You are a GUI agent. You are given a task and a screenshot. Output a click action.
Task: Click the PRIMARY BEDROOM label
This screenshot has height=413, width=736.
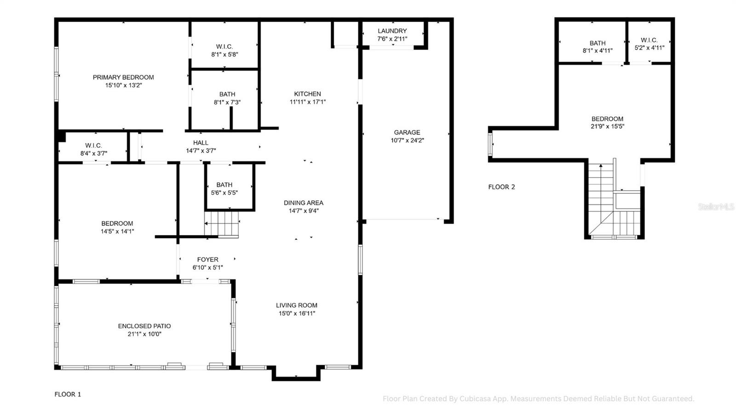123,77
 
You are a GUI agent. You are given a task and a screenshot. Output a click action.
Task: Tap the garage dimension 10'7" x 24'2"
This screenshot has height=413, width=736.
407,141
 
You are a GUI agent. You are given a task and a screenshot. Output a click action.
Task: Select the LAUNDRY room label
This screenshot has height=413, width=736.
392,31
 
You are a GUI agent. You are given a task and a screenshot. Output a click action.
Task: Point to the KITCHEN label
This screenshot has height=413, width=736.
307,94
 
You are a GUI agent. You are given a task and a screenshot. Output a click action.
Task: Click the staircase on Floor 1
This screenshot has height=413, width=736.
222,224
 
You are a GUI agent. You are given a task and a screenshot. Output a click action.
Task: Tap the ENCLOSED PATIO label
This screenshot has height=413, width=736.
144,326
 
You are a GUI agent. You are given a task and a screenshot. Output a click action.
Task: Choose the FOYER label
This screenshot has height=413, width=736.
208,260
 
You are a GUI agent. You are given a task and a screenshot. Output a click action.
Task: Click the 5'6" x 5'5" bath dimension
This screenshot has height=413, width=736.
224,193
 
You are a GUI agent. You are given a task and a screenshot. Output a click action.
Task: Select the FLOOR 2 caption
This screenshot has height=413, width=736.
501,187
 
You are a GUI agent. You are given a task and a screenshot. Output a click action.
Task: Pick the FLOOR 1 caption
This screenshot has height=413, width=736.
68,394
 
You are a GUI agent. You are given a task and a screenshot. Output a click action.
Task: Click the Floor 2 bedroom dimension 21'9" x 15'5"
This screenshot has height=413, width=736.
607,127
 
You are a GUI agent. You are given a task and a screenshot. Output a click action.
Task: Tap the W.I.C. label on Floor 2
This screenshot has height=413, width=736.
649,40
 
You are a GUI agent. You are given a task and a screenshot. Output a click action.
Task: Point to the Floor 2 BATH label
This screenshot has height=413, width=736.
598,43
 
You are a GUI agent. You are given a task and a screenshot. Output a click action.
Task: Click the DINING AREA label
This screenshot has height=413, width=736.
303,203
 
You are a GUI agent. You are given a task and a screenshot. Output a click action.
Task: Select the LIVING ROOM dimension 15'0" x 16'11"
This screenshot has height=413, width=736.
297,314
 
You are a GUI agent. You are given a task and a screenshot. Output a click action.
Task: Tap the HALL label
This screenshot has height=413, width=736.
201,143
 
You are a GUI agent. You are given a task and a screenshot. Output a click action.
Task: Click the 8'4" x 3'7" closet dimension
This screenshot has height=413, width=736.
94,153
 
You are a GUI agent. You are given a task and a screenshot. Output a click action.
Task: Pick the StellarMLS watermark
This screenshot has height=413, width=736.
716,207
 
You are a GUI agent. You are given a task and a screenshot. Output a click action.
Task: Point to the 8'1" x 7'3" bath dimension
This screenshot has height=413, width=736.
227,102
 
